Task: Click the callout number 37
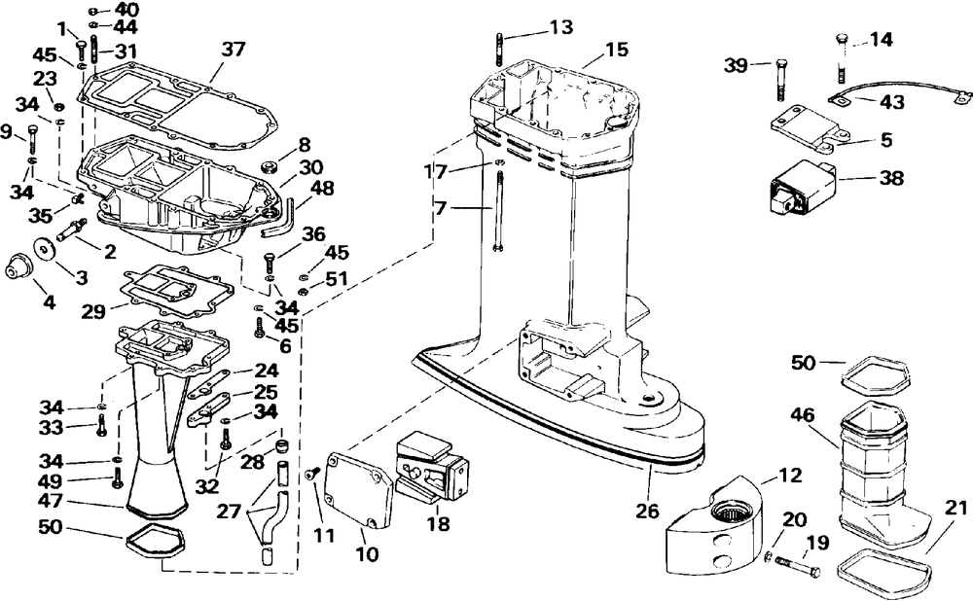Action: pyautogui.click(x=234, y=49)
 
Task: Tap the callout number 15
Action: pyautogui.click(x=616, y=49)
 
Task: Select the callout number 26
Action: pyautogui.click(x=648, y=511)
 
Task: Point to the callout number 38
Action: pyautogui.click(x=891, y=178)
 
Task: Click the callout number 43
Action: pyautogui.click(x=892, y=101)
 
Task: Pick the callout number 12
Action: pyautogui.click(x=789, y=476)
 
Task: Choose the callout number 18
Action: pyautogui.click(x=438, y=524)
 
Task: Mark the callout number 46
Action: pyautogui.click(x=802, y=414)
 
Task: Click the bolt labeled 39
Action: pyautogui.click(x=780, y=80)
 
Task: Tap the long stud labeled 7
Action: pyautogui.click(x=498, y=212)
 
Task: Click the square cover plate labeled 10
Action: pyautogui.click(x=361, y=490)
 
